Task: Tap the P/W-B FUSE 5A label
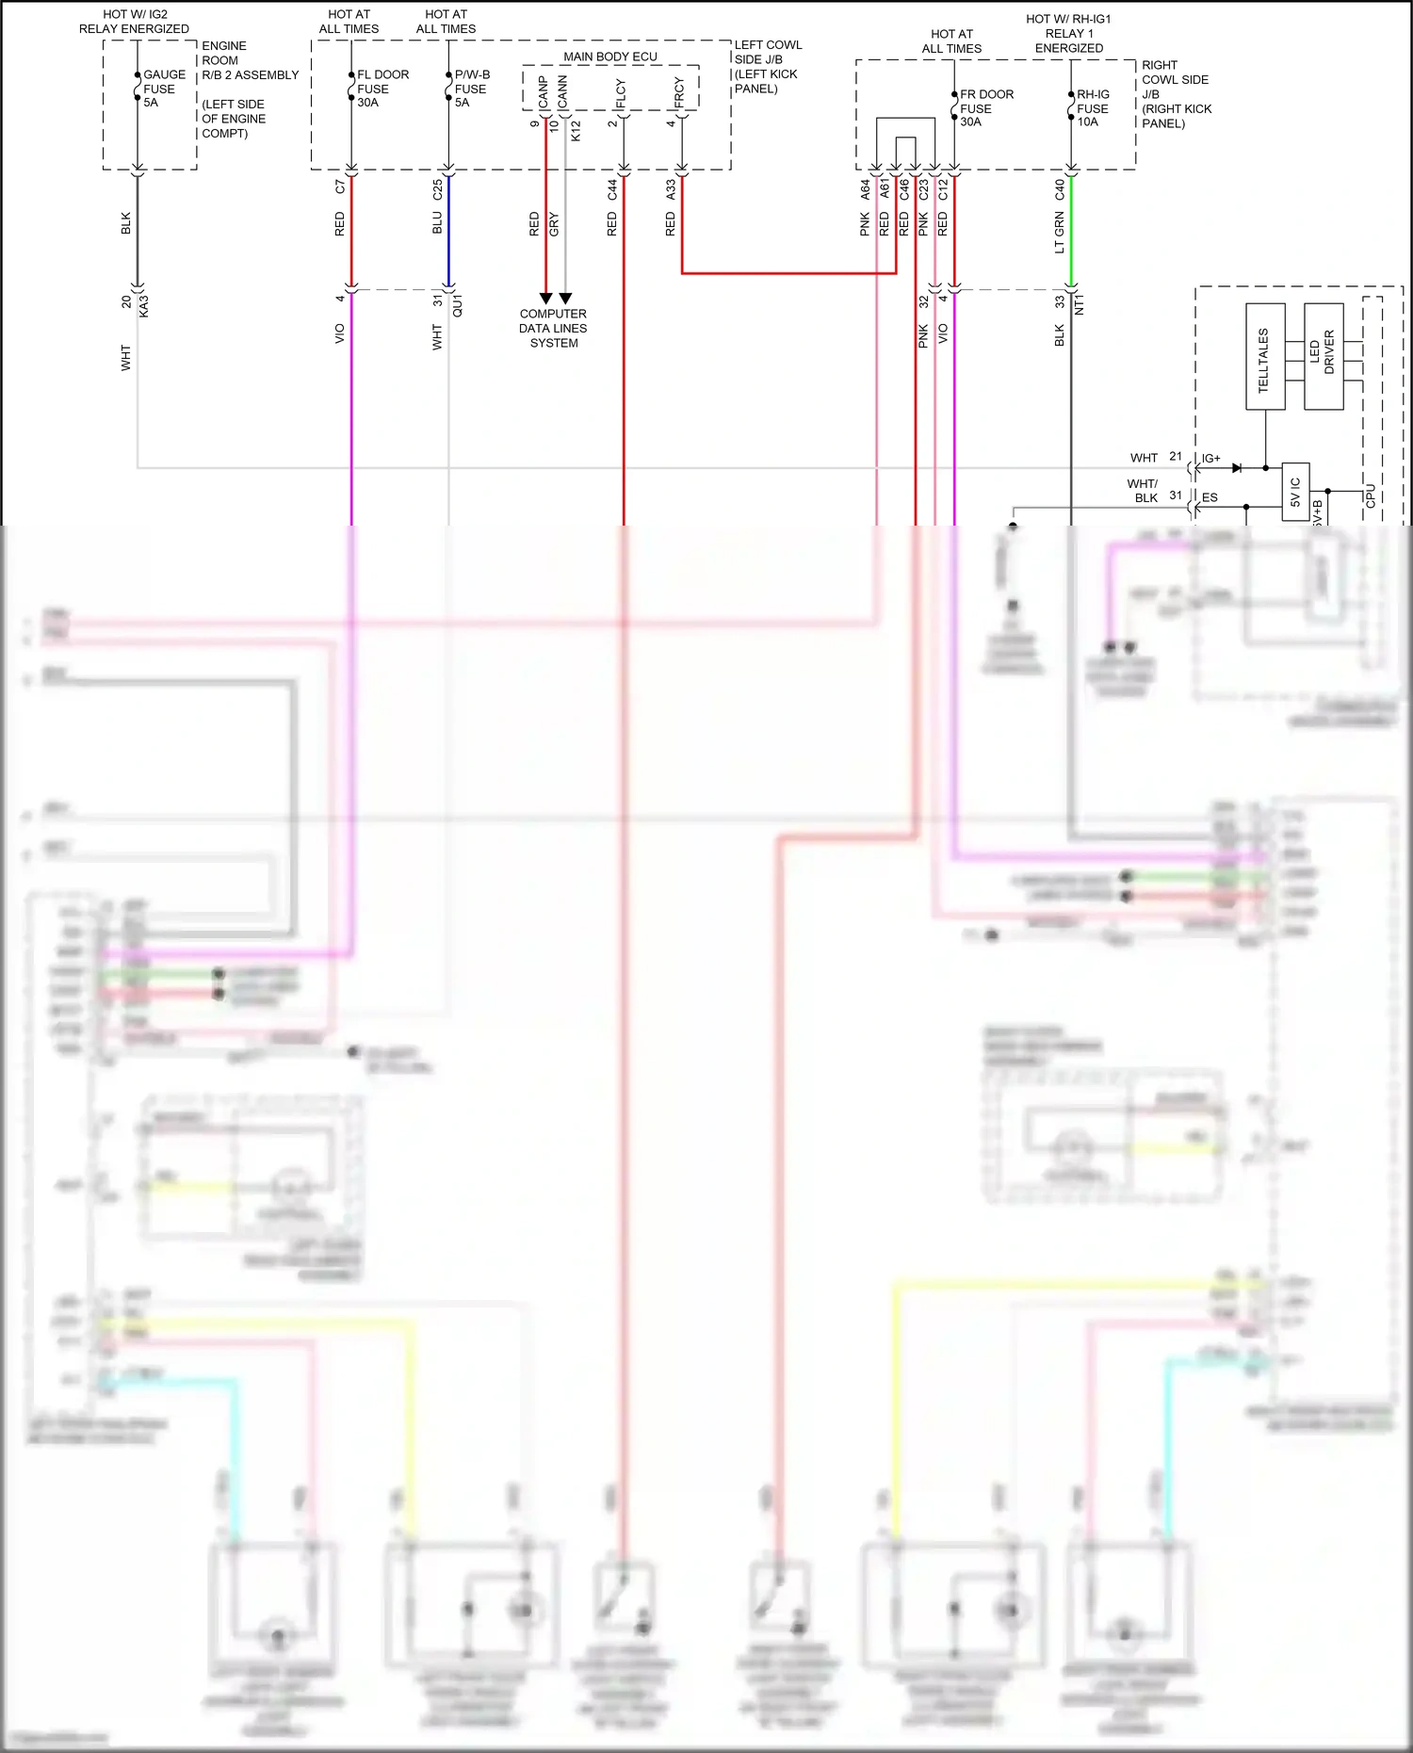pos(471,89)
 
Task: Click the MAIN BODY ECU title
pos(610,57)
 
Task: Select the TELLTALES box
pos(1265,357)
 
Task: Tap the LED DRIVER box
pos(1324,356)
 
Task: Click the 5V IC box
pos(1295,491)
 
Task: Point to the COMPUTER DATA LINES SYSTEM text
pos(553,328)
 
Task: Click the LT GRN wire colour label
pos(1060,233)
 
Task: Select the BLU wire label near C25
pos(437,223)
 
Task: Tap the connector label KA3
pos(144,306)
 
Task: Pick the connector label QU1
pos(458,305)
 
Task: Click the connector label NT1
pos(1080,305)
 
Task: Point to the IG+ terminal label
pos(1211,459)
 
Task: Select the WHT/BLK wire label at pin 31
pos(1144,491)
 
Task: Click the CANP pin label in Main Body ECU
pos(544,91)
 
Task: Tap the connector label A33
pos(671,189)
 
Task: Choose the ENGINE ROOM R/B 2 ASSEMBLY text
pos(249,60)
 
